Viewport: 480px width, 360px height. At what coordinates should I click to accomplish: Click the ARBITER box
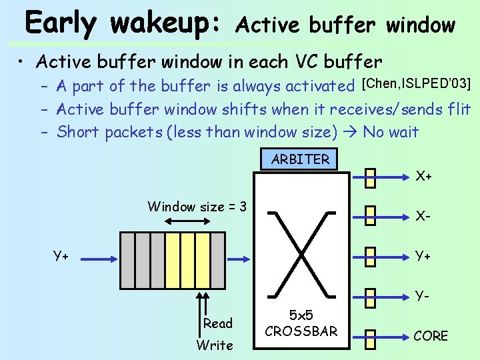[x=300, y=159]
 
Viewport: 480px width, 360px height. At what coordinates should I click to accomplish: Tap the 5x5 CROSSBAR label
[x=301, y=323]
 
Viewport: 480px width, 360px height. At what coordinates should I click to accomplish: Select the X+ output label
[x=424, y=177]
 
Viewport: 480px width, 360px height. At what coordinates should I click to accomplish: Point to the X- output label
[x=423, y=216]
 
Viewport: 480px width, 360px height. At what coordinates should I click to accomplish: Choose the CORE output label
[x=431, y=336]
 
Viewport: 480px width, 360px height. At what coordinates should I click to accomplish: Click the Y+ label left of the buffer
[x=63, y=255]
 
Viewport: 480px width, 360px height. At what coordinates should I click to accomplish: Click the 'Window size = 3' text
[x=197, y=207]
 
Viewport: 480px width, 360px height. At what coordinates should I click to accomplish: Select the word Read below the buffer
[x=218, y=323]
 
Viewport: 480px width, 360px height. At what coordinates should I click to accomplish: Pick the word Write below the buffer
[x=215, y=345]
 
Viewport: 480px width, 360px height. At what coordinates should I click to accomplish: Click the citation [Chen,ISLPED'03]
[x=416, y=84]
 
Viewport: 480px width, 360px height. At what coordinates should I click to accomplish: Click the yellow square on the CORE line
[x=371, y=336]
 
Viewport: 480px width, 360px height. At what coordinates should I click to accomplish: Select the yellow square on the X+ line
[x=371, y=177]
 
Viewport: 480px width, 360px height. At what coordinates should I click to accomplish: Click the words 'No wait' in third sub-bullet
[x=391, y=132]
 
